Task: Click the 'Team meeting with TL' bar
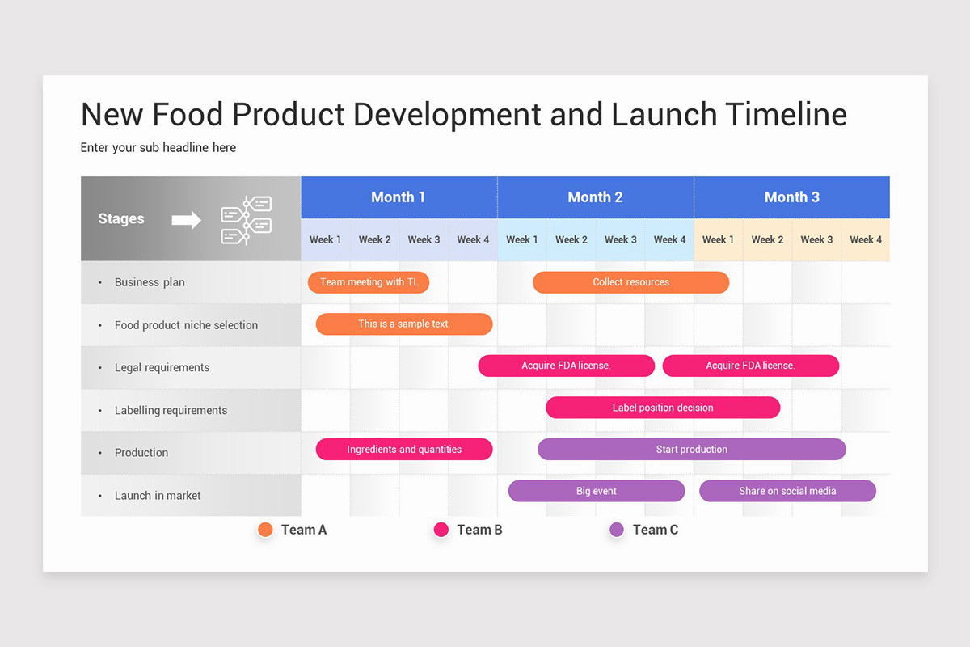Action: pyautogui.click(x=369, y=282)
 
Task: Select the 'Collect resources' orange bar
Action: pyautogui.click(x=630, y=282)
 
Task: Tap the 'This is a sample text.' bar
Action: pyautogui.click(x=404, y=324)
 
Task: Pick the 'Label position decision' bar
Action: pyautogui.click(x=663, y=408)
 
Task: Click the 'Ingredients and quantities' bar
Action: pyautogui.click(x=404, y=450)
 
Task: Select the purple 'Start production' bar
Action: pyautogui.click(x=691, y=450)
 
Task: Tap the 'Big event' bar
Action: pyautogui.click(x=597, y=491)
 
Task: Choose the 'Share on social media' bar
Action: pyautogui.click(x=787, y=491)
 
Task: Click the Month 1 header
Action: pyautogui.click(x=399, y=197)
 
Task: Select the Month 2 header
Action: pyautogui.click(x=595, y=197)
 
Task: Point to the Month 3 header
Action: pyautogui.click(x=792, y=197)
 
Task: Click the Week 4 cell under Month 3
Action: pyautogui.click(x=866, y=239)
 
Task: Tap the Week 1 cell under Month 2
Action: pyautogui.click(x=522, y=239)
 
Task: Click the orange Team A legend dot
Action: pyautogui.click(x=265, y=530)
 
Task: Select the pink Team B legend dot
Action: pyautogui.click(x=441, y=530)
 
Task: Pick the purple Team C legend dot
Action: pyautogui.click(x=617, y=530)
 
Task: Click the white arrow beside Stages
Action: pyautogui.click(x=187, y=219)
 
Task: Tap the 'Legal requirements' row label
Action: pyautogui.click(x=162, y=367)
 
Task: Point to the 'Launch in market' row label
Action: pyautogui.click(x=158, y=495)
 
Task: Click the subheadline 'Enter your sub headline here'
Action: pyautogui.click(x=158, y=147)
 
